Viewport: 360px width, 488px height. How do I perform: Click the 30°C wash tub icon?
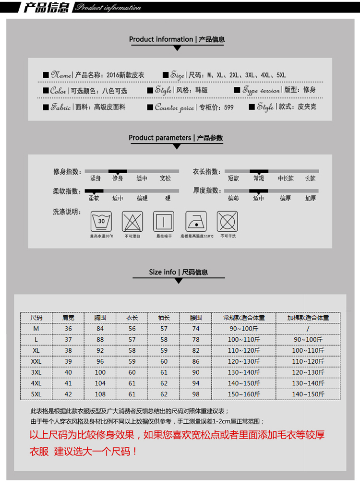(101, 221)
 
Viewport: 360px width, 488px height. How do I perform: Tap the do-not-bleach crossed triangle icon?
(132, 221)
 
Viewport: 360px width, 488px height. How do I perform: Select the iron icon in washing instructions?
(197, 221)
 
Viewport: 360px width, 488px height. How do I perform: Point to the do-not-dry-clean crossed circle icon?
(228, 221)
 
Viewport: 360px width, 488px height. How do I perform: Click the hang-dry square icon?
(163, 221)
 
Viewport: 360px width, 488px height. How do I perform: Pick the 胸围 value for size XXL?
(100, 361)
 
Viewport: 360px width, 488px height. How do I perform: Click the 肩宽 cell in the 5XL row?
(68, 394)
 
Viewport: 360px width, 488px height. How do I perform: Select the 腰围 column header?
(195, 318)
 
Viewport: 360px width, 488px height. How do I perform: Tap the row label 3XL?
(36, 372)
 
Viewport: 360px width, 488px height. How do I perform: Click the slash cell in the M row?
(308, 329)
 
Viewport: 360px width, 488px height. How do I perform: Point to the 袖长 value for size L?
(164, 340)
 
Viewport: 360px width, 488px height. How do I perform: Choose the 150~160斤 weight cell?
(244, 394)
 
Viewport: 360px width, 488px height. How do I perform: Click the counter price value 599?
(229, 107)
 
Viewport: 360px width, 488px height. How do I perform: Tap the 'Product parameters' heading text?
(160, 138)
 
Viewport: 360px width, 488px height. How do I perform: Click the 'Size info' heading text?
(162, 272)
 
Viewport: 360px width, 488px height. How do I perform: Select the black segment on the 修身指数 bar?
(118, 171)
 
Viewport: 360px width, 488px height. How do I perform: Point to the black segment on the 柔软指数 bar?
(94, 191)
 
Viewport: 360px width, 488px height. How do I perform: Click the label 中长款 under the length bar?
(286, 179)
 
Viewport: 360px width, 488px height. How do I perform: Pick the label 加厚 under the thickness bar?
(310, 198)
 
